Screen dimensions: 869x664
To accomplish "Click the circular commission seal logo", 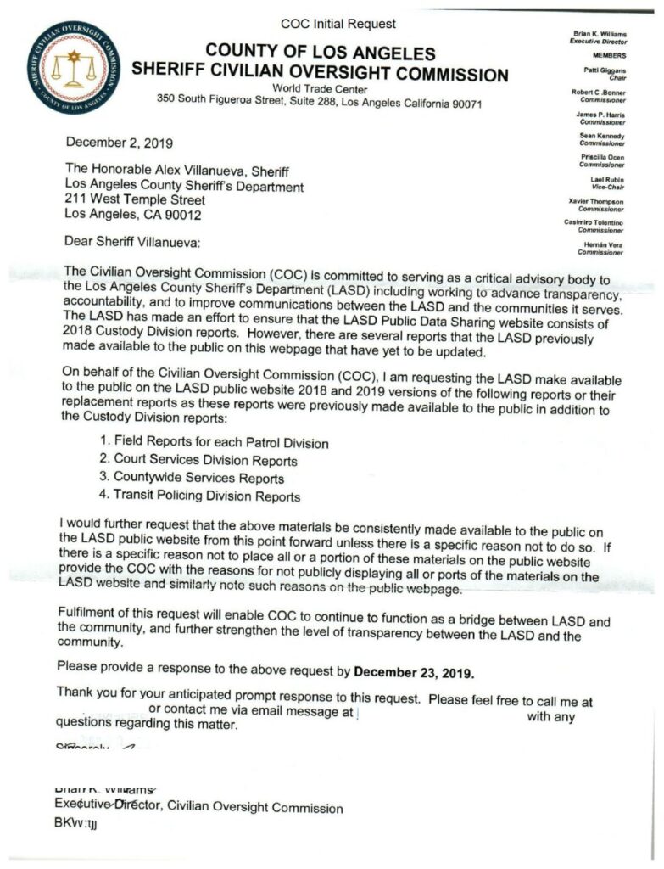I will pos(73,67).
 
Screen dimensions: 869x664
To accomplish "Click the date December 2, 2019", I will pos(120,143).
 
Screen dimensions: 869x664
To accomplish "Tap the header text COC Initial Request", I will pos(338,24).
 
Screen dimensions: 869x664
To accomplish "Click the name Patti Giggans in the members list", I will pos(603,70).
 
